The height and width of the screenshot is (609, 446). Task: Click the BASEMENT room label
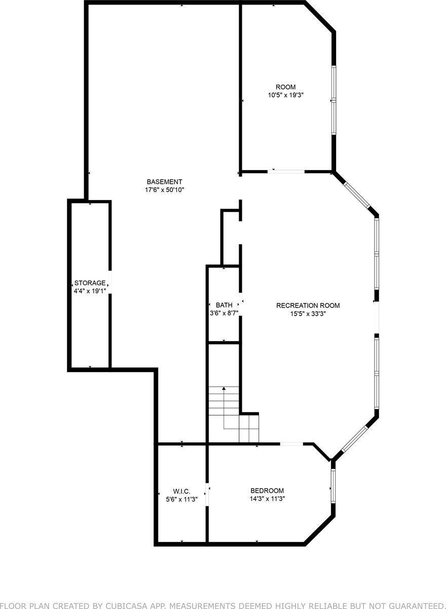[164, 182]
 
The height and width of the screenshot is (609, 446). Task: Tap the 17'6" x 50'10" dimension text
[164, 190]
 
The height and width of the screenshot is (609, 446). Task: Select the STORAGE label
[90, 283]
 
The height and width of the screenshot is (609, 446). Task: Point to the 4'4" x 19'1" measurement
[90, 291]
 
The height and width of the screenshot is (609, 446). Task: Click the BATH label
[224, 305]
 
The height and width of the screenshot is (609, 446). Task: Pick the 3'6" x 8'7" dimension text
[224, 313]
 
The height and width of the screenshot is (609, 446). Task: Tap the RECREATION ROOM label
[308, 306]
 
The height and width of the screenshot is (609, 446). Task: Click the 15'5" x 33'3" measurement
[308, 314]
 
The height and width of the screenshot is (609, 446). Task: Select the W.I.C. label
[181, 491]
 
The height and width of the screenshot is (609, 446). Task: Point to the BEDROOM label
[267, 491]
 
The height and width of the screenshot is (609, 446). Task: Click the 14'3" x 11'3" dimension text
[267, 499]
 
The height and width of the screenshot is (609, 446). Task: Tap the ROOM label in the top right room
[285, 87]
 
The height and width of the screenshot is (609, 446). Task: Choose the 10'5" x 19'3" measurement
[285, 95]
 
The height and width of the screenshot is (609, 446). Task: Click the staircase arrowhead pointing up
[224, 389]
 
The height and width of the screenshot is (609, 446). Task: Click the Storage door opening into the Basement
[109, 282]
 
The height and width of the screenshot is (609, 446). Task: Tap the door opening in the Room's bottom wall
[286, 172]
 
